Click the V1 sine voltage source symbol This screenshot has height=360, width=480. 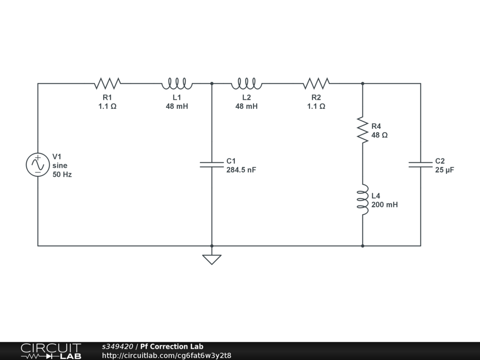coord(38,165)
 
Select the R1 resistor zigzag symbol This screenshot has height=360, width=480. coord(107,83)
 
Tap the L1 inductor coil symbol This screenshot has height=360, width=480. coord(177,83)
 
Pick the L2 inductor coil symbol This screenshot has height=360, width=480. coord(247,83)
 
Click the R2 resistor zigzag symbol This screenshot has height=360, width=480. coord(316,83)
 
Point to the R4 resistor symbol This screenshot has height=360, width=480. coord(362,130)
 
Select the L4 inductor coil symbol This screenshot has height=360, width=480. coord(362,200)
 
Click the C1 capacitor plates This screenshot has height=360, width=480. coord(212,165)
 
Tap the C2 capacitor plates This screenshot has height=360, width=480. coord(420,165)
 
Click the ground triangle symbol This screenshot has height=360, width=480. coord(212,259)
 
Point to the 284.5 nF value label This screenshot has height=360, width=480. coord(241,170)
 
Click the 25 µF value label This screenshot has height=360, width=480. coord(444,170)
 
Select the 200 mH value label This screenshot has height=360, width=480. coord(384,204)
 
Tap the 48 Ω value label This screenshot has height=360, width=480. coord(379,135)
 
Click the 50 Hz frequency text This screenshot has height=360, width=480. coord(62,174)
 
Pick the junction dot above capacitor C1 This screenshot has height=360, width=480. coord(212,83)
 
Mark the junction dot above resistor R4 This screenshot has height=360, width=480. coord(362,83)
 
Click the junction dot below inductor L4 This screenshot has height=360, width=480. coord(362,246)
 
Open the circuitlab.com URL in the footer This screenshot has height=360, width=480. coord(166,355)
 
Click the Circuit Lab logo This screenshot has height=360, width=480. coord(51,351)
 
